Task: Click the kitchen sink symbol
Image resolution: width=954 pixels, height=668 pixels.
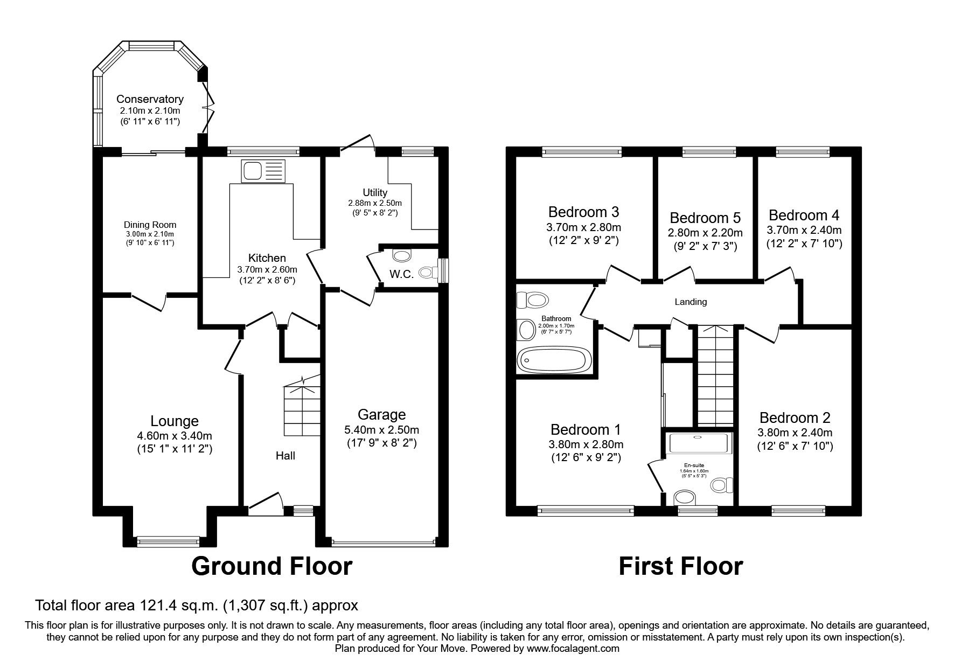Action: (262, 172)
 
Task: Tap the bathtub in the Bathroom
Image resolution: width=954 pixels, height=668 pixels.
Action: (554, 359)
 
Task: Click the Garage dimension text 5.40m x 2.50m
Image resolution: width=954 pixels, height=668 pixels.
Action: (381, 430)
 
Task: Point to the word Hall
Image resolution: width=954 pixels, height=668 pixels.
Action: (285, 456)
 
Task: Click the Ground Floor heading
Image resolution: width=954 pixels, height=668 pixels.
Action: (271, 566)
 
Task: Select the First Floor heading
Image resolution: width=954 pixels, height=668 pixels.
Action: (680, 566)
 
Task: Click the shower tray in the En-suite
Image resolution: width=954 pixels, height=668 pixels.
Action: (699, 443)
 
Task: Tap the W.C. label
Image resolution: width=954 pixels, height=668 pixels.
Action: (401, 274)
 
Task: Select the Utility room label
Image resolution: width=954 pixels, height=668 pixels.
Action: (375, 192)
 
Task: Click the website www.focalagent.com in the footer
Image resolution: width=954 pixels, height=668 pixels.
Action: (573, 649)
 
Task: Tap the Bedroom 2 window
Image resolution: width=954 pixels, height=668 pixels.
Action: (798, 508)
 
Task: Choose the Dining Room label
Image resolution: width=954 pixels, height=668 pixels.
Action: (150, 225)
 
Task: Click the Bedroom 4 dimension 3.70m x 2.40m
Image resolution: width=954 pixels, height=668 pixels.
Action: (804, 230)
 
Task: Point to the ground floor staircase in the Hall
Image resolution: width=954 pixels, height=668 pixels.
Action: (302, 411)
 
